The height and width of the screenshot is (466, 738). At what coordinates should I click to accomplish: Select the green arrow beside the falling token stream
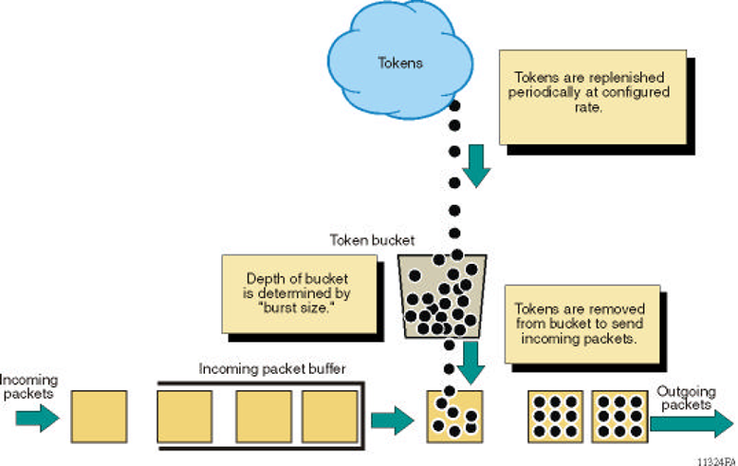pos(475,163)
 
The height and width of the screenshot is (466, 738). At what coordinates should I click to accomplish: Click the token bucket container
pos(442,294)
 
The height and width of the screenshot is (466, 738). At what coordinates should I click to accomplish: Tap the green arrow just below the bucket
pos(470,361)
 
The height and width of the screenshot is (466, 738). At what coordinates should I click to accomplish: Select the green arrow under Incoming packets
pos(37,419)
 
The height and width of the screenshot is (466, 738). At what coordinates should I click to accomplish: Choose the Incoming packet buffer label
pos(271,369)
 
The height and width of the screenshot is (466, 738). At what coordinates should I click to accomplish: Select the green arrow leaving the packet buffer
pos(392,420)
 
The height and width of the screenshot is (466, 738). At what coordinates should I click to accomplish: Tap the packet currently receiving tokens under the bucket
pos(452,418)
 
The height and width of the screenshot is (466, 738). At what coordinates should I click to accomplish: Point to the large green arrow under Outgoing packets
pos(692,424)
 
